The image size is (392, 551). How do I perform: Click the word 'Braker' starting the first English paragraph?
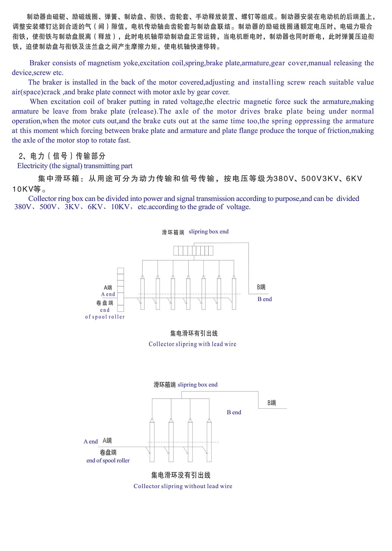click(x=40, y=63)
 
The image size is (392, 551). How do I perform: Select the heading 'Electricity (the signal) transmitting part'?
click(x=75, y=166)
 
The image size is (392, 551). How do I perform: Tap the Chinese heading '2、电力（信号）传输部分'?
click(x=62, y=156)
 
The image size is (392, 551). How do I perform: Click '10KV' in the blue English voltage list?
click(x=120, y=207)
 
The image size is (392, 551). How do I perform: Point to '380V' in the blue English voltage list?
click(x=23, y=207)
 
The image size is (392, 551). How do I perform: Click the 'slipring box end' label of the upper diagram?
click(x=208, y=232)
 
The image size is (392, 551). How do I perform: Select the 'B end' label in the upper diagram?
click(x=265, y=299)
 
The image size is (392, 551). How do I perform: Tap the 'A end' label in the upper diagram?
click(x=108, y=294)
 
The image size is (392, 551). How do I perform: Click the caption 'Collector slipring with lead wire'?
click(x=192, y=344)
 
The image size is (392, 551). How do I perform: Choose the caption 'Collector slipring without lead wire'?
click(x=183, y=486)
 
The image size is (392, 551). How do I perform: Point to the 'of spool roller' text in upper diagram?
click(x=105, y=317)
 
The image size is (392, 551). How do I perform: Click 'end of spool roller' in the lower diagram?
click(x=108, y=460)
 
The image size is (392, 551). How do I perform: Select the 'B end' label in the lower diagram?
click(x=234, y=412)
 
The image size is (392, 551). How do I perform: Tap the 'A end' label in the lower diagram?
click(x=91, y=441)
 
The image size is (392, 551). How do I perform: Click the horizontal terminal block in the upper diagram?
click(x=193, y=250)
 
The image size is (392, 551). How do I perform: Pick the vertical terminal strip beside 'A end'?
click(x=121, y=289)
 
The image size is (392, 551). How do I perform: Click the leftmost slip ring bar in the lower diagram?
click(x=152, y=441)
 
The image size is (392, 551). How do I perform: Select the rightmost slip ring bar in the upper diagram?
click(x=234, y=293)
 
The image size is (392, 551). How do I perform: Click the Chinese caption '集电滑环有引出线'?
click(x=194, y=334)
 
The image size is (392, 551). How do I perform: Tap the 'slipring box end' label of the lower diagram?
click(x=197, y=385)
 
